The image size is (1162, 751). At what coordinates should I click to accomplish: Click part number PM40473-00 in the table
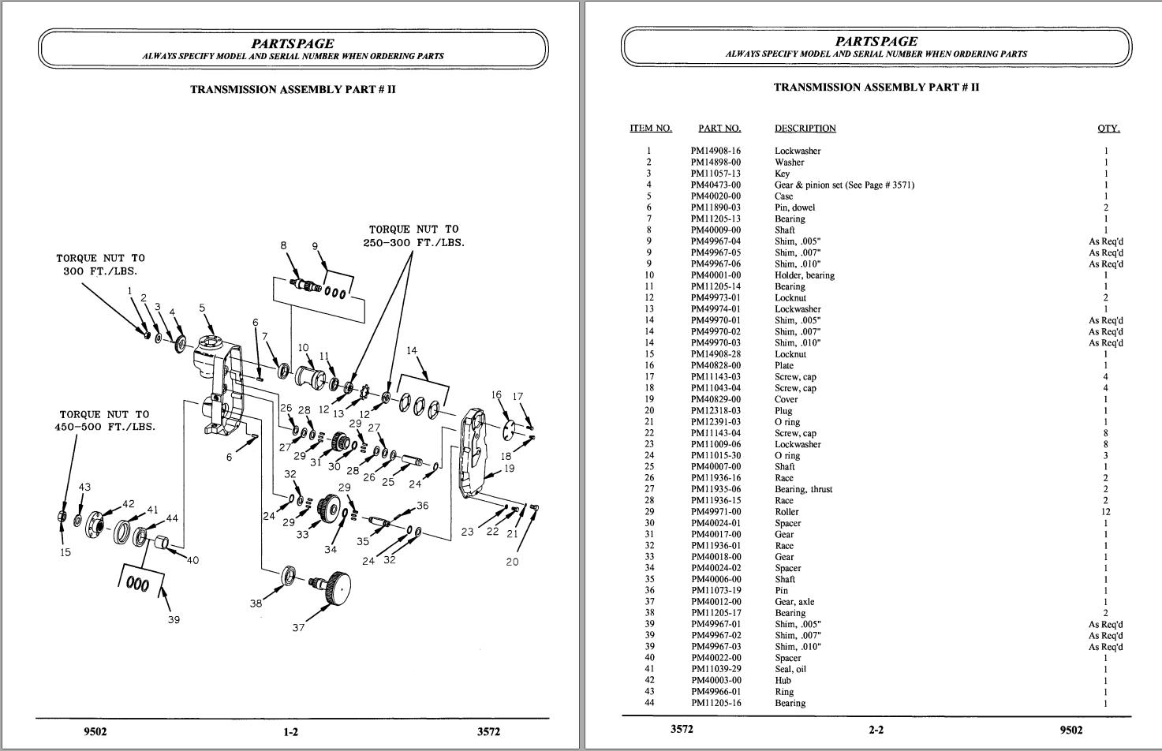[x=716, y=185]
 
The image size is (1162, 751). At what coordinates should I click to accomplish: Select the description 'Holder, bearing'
[x=804, y=275]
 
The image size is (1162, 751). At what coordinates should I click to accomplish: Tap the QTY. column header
[x=1108, y=128]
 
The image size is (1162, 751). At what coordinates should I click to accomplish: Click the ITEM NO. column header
[x=651, y=128]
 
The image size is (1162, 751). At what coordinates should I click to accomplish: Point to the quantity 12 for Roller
[x=1105, y=512]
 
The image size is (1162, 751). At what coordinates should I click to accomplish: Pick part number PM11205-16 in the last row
[x=716, y=703]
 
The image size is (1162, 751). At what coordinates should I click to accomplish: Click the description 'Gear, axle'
[x=794, y=602]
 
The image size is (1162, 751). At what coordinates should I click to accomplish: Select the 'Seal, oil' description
[x=790, y=669]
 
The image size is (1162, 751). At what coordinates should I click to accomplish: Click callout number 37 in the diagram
[x=298, y=628]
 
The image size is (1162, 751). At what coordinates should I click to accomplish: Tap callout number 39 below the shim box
[x=174, y=619]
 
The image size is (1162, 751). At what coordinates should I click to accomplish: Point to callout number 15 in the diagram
[x=65, y=552]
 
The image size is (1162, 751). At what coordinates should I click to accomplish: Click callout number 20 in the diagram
[x=512, y=562]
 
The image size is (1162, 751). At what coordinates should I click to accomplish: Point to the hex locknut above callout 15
[x=62, y=517]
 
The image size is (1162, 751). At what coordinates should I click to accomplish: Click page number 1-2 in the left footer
[x=290, y=731]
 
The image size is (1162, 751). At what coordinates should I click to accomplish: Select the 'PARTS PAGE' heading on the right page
[x=876, y=41]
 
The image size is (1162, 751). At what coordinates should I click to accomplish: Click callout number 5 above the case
[x=202, y=308]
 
